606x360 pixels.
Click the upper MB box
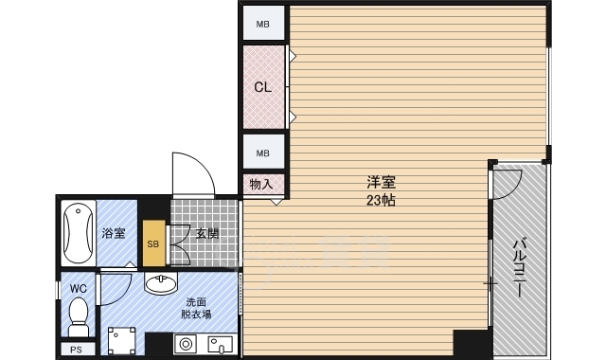click(263, 23)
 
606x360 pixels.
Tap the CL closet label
click(263, 87)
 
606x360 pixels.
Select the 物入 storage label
click(261, 184)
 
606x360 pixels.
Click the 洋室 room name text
click(381, 181)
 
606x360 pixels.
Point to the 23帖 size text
click(381, 200)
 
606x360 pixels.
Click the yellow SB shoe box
click(153, 243)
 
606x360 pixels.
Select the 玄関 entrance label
click(207, 234)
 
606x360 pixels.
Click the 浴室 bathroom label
click(114, 233)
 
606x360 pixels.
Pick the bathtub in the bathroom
click(78, 233)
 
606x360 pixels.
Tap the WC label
click(78, 288)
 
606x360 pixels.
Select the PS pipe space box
click(78, 350)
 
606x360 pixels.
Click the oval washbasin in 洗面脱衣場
click(161, 282)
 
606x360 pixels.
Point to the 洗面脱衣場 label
click(196, 308)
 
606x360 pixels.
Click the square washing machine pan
click(122, 341)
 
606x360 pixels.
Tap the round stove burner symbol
click(186, 344)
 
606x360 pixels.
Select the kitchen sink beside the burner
click(221, 345)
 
